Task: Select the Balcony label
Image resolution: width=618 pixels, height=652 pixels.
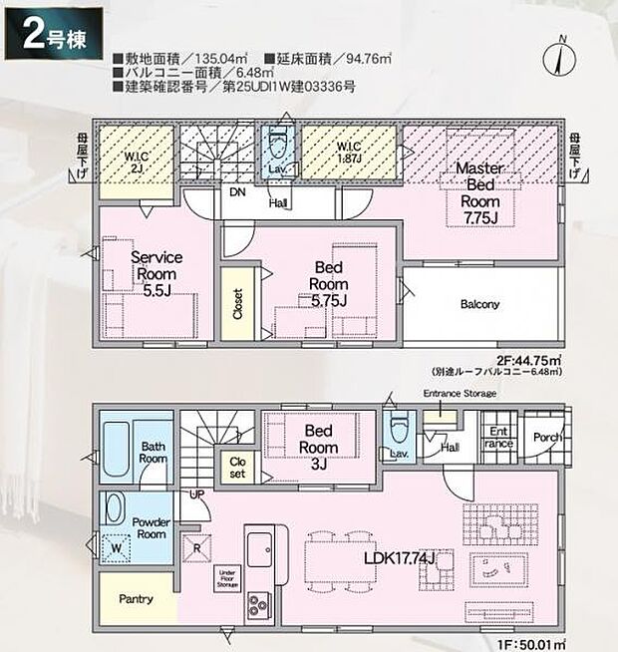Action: (479, 305)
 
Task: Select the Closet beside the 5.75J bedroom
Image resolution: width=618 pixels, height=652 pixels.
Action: (236, 303)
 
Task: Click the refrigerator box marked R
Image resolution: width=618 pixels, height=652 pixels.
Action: (197, 546)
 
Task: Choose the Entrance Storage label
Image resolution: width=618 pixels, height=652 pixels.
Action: (460, 394)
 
